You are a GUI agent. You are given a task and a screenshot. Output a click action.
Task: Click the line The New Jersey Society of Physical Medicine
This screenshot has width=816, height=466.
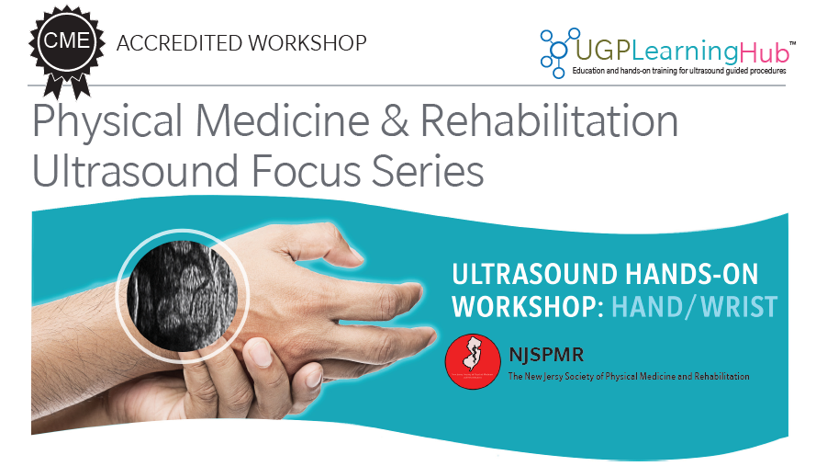[x=628, y=376]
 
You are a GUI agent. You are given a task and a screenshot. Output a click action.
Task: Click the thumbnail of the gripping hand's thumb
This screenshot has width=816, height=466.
[x=261, y=353]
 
